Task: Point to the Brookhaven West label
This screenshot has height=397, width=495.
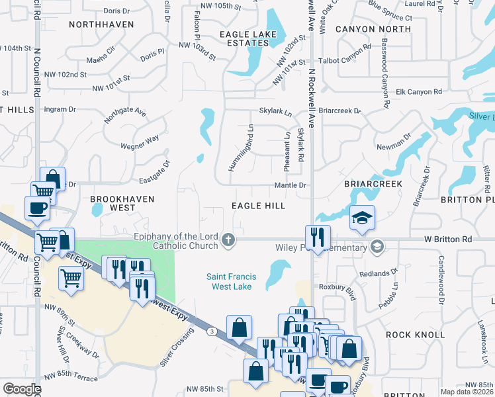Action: [122, 203]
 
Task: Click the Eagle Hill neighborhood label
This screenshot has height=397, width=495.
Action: [258, 206]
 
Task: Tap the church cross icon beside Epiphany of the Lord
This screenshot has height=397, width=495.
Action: [228, 240]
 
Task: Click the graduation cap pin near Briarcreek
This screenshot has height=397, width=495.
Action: [362, 218]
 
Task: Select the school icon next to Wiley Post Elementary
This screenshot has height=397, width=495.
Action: [377, 247]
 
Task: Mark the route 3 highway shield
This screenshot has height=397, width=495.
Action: [210, 330]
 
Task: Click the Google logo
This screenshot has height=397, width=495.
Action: [22, 389]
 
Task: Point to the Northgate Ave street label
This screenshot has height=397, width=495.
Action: [124, 116]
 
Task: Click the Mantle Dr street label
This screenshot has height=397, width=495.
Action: [292, 186]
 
